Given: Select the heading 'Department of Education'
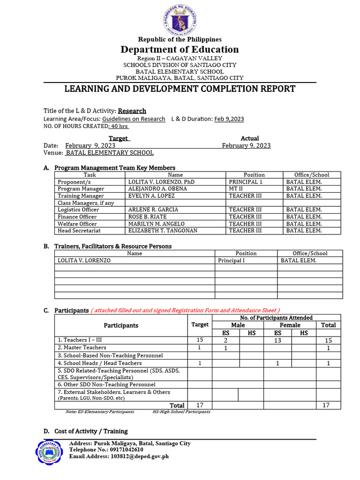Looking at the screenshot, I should (x=180, y=50).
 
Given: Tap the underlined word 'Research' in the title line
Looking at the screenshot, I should (x=132, y=111).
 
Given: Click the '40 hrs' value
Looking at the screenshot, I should (x=119, y=127).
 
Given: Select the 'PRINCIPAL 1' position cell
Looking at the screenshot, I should (x=246, y=182).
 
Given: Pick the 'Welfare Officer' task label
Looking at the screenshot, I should (x=77, y=224).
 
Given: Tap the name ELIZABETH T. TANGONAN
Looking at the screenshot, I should (x=163, y=231).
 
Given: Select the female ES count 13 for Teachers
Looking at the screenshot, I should (x=277, y=340).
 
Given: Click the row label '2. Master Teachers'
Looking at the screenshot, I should (x=82, y=348).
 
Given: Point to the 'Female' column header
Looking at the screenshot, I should (x=290, y=325).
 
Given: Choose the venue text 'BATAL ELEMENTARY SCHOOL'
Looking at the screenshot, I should (x=110, y=153).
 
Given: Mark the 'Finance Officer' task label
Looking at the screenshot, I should (x=77, y=217).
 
